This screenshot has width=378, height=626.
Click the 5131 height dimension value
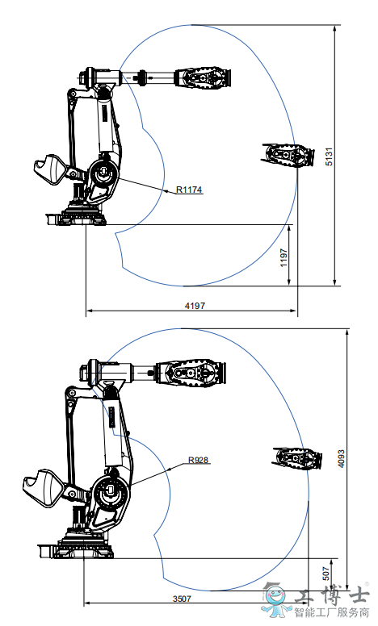pos(329,156)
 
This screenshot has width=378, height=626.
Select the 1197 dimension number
pos(283,258)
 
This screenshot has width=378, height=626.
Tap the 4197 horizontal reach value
pos(195,306)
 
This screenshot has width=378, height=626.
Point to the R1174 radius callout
pos(189,190)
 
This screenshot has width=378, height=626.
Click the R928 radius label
pos(198,460)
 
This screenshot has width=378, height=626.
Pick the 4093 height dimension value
pos(341,459)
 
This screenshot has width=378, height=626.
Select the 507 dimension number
pos(326,574)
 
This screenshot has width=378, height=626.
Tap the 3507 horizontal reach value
pos(182,599)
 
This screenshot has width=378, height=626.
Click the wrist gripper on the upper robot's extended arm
pos(204,78)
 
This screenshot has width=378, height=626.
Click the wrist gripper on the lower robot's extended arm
pos(191,373)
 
